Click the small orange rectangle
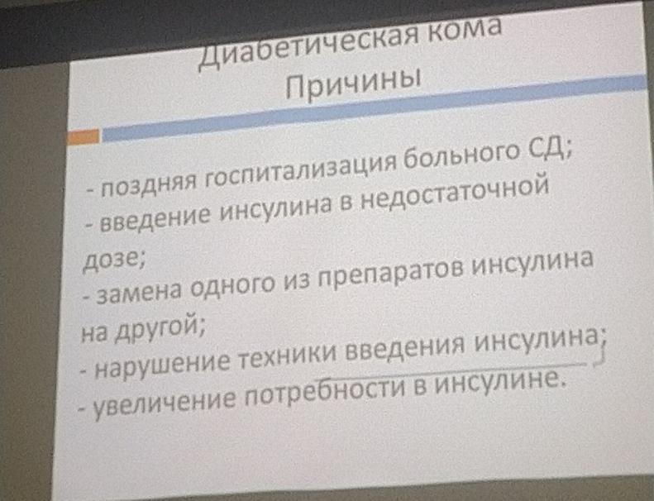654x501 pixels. point(84,137)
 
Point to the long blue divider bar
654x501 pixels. point(374,108)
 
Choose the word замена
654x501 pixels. point(139,290)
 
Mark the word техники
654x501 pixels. point(288,355)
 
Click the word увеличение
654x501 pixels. point(164,401)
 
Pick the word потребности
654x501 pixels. point(324,391)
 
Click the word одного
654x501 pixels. point(232,284)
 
